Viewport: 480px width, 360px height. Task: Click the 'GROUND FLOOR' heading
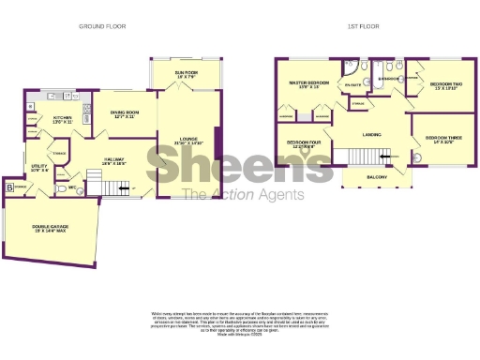point(104,27)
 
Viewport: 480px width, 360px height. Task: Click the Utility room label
point(39,167)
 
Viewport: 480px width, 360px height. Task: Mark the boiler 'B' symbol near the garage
point(10,187)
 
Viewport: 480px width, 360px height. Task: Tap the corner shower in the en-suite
point(349,68)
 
